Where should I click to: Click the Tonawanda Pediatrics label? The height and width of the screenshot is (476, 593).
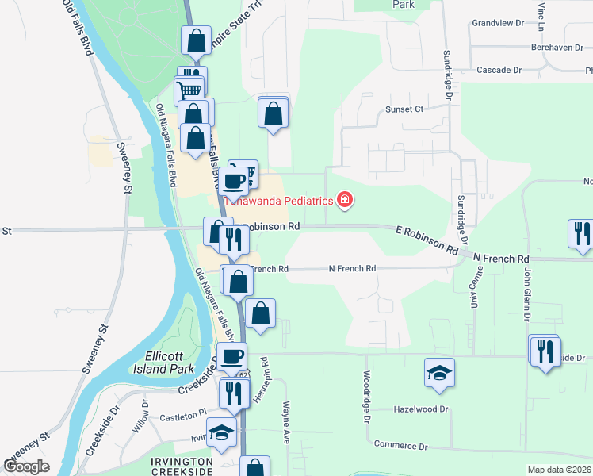(x=277, y=201)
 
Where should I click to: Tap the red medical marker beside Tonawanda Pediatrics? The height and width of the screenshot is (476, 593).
(x=345, y=199)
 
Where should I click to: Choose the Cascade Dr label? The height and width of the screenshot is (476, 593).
(x=499, y=70)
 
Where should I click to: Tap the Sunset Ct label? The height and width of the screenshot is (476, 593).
(x=405, y=109)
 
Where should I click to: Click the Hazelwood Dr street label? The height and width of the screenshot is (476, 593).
(x=421, y=409)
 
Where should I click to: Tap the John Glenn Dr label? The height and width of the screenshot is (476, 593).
(x=526, y=290)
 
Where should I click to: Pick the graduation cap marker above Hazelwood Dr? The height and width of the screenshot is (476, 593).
(x=438, y=373)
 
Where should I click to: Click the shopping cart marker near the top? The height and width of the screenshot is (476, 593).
(x=189, y=89)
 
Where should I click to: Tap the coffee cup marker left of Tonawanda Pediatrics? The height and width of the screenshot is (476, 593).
(x=235, y=181)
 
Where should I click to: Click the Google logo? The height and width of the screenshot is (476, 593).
(x=26, y=466)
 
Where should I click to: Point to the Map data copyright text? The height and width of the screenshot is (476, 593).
(x=560, y=470)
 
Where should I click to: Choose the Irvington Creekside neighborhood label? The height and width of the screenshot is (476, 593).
(x=182, y=466)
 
